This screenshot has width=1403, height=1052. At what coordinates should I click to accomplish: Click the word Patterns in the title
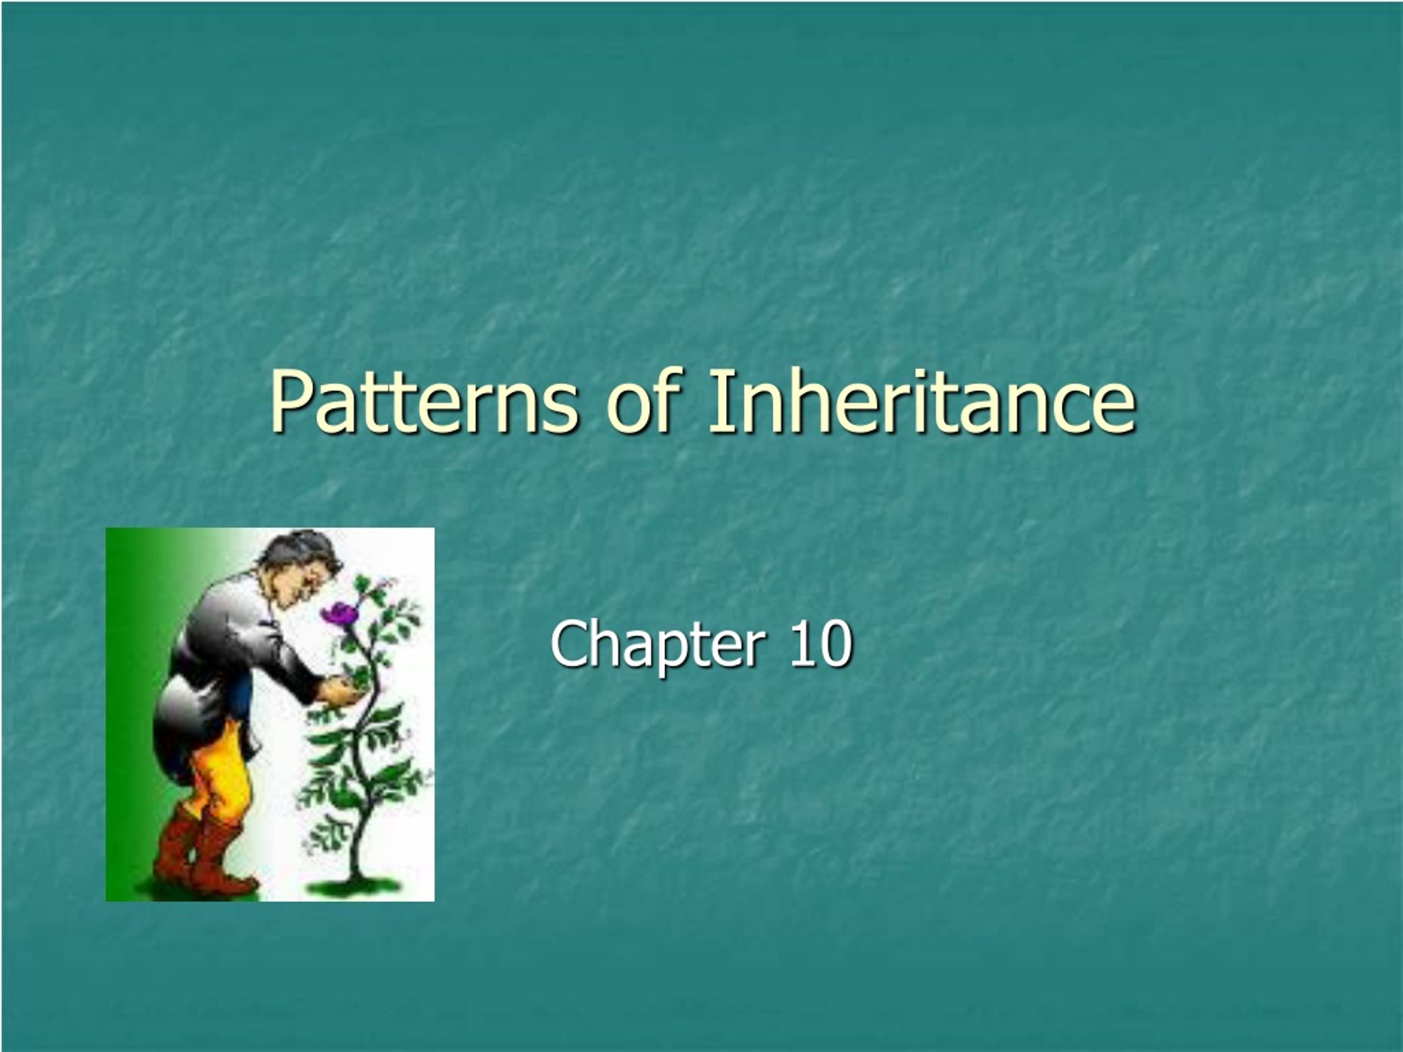pos(424,402)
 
